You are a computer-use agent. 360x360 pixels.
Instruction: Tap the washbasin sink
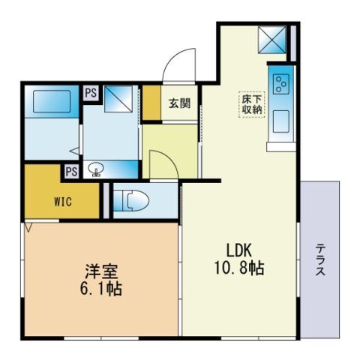pyautogui.click(x=96, y=168)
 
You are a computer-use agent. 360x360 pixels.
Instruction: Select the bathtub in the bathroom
pyautogui.click(x=52, y=101)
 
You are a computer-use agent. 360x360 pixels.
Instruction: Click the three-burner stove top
pyautogui.click(x=281, y=83)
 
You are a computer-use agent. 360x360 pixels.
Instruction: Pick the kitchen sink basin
pyautogui.click(x=281, y=121)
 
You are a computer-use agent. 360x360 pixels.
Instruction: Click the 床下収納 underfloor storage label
pyautogui.click(x=251, y=105)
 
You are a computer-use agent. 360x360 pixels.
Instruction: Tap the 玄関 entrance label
pyautogui.click(x=179, y=103)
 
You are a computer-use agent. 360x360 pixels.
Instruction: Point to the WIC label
pyautogui.click(x=63, y=202)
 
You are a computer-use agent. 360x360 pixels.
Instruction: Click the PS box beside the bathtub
pyautogui.click(x=91, y=93)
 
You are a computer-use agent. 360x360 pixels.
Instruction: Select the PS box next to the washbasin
pyautogui.click(x=72, y=172)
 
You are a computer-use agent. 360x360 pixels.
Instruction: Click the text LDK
pyautogui.click(x=238, y=250)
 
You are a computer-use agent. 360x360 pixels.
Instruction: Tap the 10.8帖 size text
pyautogui.click(x=239, y=268)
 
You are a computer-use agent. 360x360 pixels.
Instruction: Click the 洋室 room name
pyautogui.click(x=101, y=271)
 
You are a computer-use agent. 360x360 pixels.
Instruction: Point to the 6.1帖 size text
pyautogui.click(x=100, y=289)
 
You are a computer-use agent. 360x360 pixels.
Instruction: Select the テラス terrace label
pyautogui.click(x=320, y=259)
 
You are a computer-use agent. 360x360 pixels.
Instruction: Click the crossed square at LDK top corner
pyautogui.click(x=272, y=40)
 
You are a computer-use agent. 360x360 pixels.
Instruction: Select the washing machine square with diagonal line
pyautogui.click(x=118, y=99)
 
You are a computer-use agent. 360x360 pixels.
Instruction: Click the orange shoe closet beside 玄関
pyautogui.click(x=151, y=103)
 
